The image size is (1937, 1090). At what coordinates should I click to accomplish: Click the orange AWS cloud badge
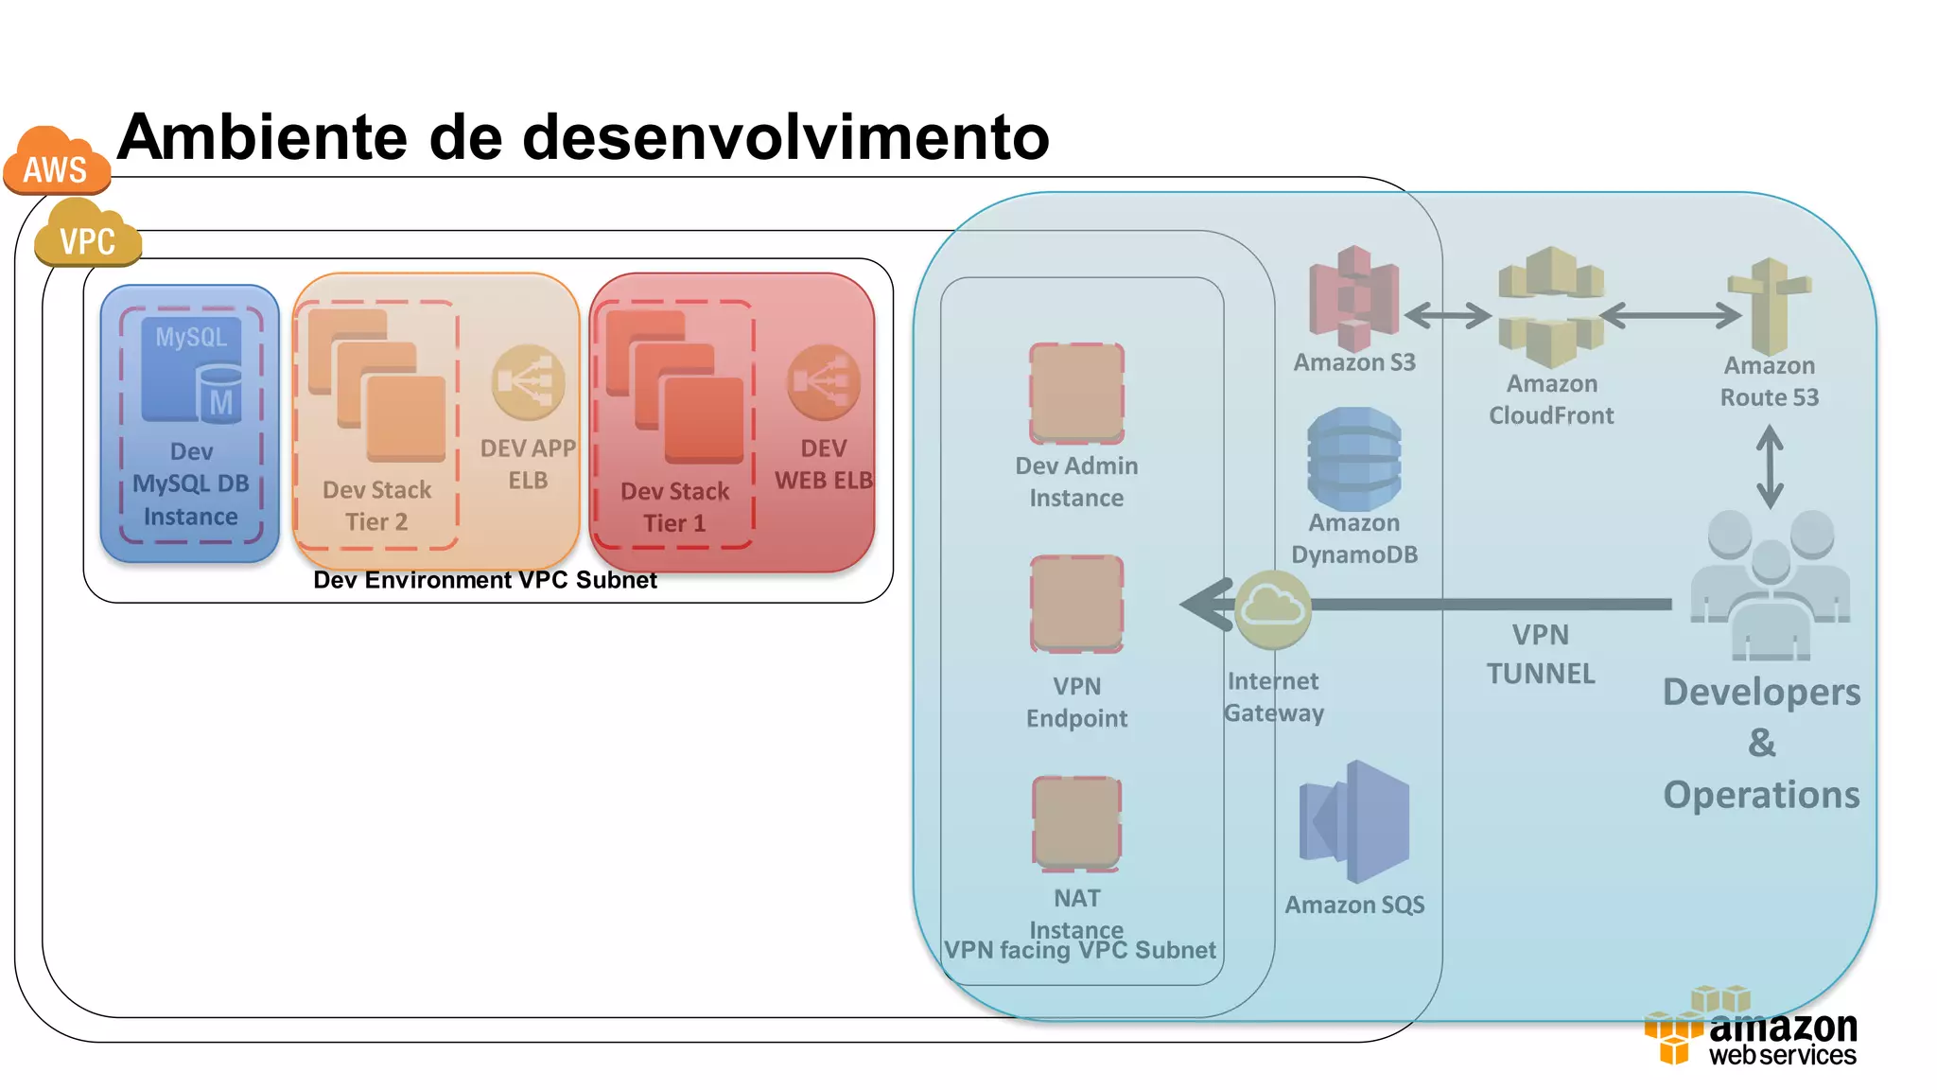tap(56, 163)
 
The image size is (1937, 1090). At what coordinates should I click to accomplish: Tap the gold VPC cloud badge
tap(87, 236)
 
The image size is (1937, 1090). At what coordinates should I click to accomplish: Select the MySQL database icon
tap(192, 370)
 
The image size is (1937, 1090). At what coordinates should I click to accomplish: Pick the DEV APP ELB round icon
tap(528, 382)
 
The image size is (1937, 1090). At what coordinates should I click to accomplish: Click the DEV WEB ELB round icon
tap(824, 382)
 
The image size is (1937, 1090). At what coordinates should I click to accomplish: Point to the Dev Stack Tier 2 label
tap(376, 505)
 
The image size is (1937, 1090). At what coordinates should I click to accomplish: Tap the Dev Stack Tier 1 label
tap(674, 507)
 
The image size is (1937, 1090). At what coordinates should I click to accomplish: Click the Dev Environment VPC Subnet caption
tap(484, 580)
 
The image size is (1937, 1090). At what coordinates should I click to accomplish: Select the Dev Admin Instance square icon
tap(1076, 394)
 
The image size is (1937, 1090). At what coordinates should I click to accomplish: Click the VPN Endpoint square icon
tap(1076, 605)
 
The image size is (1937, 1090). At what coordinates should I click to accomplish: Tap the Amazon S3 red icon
tap(1353, 298)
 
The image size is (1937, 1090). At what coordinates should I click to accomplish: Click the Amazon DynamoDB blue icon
tap(1353, 459)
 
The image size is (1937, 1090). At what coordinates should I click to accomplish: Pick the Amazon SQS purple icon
tap(1354, 821)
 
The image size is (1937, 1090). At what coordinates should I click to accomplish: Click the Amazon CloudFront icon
tap(1551, 307)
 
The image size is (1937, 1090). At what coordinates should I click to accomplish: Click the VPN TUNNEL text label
tap(1540, 654)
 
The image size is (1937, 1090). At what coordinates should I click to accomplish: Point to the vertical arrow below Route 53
tap(1770, 466)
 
